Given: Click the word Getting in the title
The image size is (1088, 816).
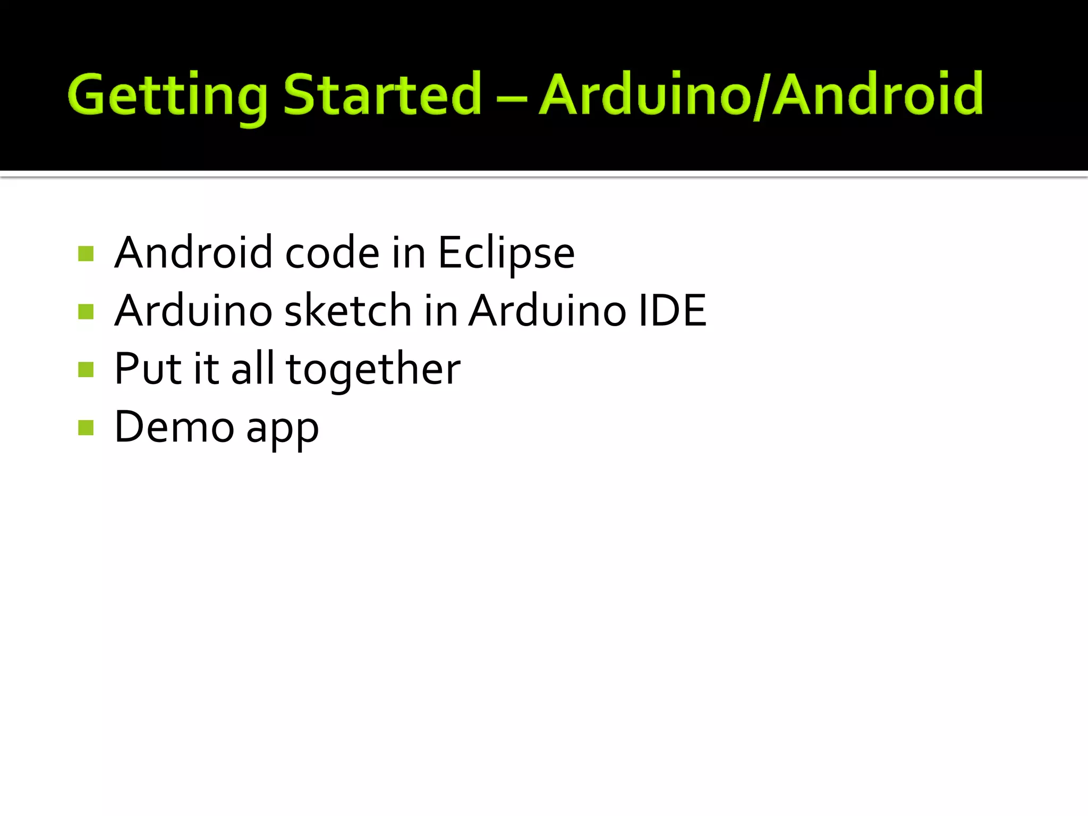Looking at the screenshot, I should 167,96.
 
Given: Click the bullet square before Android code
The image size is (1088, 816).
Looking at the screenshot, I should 86,253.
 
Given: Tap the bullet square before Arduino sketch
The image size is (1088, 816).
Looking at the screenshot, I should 86,311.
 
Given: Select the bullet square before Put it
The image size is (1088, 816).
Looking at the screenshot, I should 86,369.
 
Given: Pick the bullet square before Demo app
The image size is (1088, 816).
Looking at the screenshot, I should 86,427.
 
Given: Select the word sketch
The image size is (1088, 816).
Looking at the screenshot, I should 348,311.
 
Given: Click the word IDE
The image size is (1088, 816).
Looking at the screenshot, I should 672,311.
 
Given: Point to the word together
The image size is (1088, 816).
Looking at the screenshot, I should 373,370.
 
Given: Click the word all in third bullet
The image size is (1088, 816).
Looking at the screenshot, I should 253,369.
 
